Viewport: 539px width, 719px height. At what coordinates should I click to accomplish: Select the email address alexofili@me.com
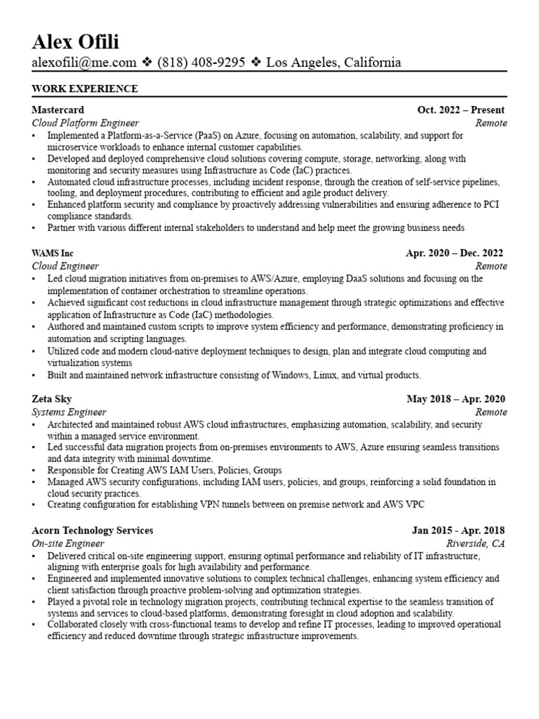pyautogui.click(x=84, y=62)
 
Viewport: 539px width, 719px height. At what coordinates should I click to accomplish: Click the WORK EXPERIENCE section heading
pyautogui.click(x=85, y=88)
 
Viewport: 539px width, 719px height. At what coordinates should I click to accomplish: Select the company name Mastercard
pyautogui.click(x=58, y=110)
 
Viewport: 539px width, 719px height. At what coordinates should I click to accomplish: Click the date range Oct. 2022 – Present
pyautogui.click(x=460, y=110)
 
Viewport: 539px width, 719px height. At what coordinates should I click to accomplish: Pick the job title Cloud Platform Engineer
pyautogui.click(x=86, y=123)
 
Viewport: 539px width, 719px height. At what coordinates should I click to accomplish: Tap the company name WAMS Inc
pyautogui.click(x=53, y=253)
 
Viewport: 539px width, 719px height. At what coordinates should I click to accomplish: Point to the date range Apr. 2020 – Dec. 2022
pyautogui.click(x=454, y=253)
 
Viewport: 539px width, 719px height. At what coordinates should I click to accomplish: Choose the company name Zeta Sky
pyautogui.click(x=53, y=399)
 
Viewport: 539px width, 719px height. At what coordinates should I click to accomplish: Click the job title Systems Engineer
pyautogui.click(x=69, y=412)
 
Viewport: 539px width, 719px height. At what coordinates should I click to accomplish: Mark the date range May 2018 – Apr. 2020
pyautogui.click(x=455, y=399)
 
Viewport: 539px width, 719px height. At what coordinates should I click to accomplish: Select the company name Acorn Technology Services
pyautogui.click(x=93, y=530)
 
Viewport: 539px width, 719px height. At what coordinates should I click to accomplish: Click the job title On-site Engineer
pyautogui.click(x=68, y=543)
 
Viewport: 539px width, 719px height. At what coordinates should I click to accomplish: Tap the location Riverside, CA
pyautogui.click(x=476, y=543)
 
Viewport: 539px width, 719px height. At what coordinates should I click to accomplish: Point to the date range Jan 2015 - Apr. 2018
pyautogui.click(x=458, y=530)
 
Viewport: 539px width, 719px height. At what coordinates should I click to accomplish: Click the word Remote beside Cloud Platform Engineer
pyautogui.click(x=491, y=123)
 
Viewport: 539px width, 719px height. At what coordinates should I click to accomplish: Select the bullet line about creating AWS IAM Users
pyautogui.click(x=164, y=470)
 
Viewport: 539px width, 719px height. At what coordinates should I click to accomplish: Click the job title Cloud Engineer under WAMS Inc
pyautogui.click(x=65, y=266)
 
